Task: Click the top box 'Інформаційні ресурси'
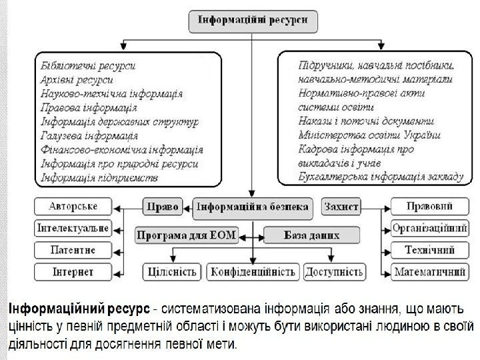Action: pos(251,20)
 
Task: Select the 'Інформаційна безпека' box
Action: pos(251,207)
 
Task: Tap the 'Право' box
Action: pos(162,207)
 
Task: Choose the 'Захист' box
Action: pos(341,207)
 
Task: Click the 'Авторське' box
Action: pos(73,206)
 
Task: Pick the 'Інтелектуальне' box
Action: pos(73,228)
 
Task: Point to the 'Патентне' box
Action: pos(73,250)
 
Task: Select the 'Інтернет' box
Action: pos(73,272)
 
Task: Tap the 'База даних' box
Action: pos(311,235)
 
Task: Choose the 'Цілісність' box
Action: pos(171,272)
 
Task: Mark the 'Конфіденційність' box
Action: pos(253,272)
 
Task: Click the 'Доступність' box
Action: pos(335,272)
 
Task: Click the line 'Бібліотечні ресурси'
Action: pos(88,66)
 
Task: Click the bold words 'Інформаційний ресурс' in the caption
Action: pos(78,309)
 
